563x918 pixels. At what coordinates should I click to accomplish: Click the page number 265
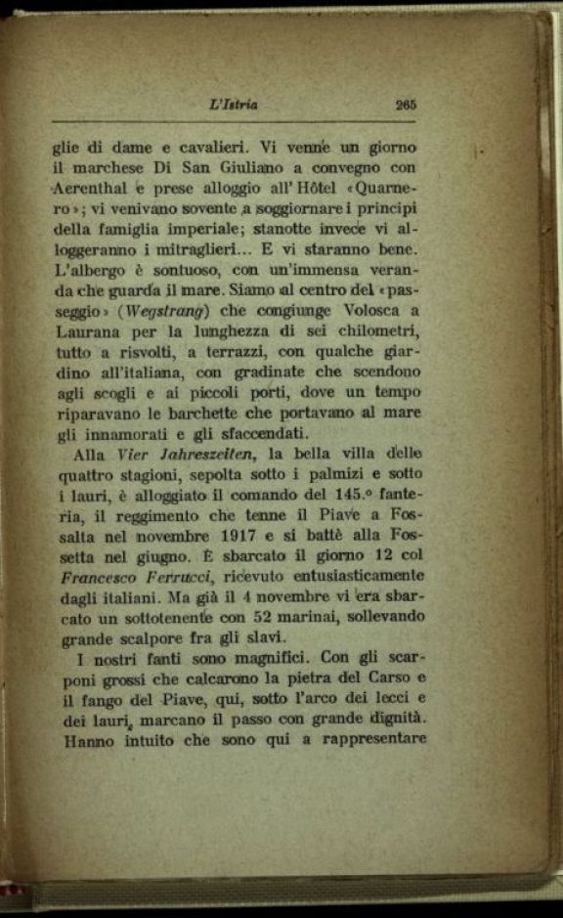coord(407,106)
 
